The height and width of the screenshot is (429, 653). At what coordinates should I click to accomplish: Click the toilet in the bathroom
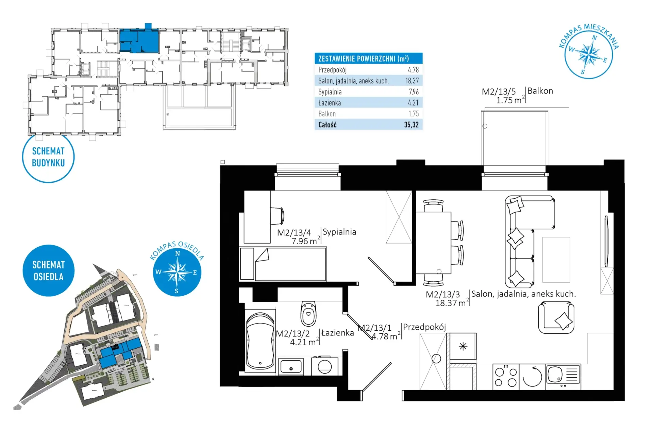[x=308, y=313]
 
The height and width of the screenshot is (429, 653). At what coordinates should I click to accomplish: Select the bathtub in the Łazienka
[x=260, y=341]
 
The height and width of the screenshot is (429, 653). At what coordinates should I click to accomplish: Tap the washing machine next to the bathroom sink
[x=325, y=366]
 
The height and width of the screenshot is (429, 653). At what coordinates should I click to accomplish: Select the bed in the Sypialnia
[x=283, y=264]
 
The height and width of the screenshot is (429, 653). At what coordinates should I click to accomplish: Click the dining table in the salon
[x=434, y=243]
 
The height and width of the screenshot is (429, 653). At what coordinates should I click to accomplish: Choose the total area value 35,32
[x=411, y=125]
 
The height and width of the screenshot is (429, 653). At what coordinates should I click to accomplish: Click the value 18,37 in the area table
[x=412, y=81]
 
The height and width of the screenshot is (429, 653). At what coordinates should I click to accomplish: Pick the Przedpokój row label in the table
[x=332, y=70]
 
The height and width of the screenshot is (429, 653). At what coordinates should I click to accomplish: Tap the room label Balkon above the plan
[x=540, y=91]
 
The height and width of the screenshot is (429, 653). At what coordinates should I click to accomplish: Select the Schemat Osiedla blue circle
[x=48, y=270]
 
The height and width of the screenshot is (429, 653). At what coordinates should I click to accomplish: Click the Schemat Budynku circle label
[x=48, y=157]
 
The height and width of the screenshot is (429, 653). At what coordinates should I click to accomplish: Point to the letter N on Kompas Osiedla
[x=177, y=253]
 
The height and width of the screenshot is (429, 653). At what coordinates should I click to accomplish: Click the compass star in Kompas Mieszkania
[x=589, y=54]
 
